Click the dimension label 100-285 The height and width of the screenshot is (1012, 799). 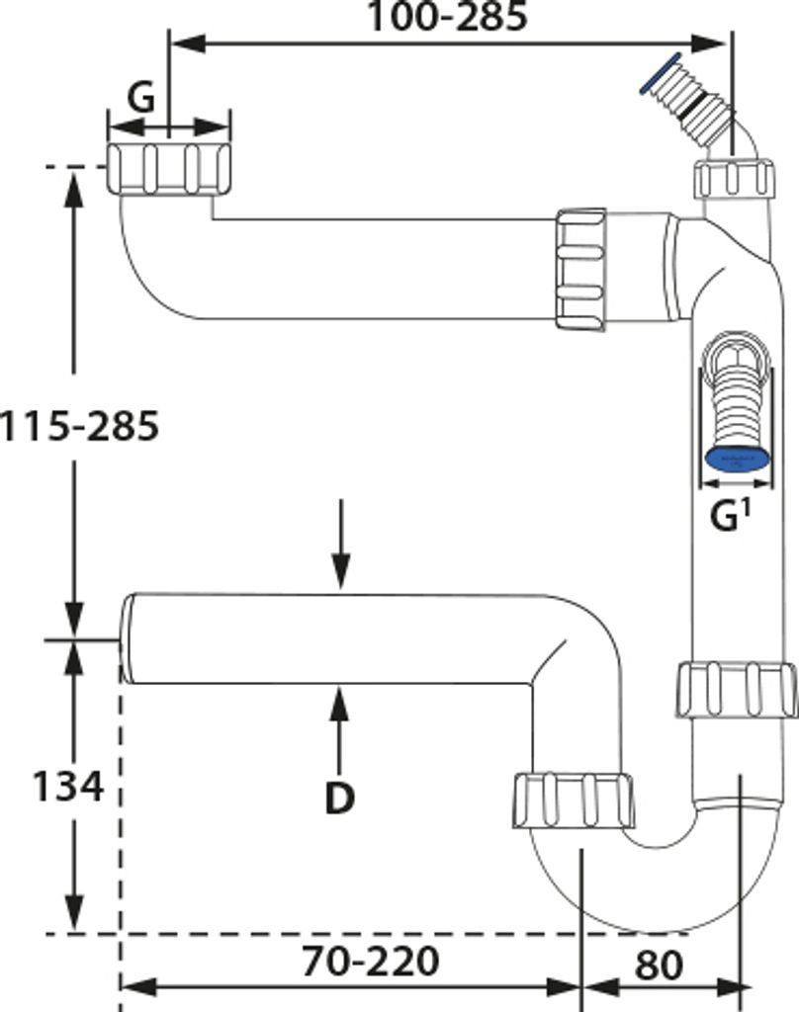pyautogui.click(x=447, y=17)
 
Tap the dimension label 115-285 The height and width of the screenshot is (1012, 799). pyautogui.click(x=79, y=426)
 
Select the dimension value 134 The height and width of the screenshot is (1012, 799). pyautogui.click(x=68, y=786)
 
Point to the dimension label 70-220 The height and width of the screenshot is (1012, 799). pyautogui.click(x=370, y=961)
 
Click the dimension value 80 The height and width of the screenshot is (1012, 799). pyautogui.click(x=659, y=966)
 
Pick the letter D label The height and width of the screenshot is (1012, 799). pyautogui.click(x=340, y=798)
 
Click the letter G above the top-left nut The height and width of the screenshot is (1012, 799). pyautogui.click(x=140, y=98)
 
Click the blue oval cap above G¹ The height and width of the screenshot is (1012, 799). pyautogui.click(x=737, y=460)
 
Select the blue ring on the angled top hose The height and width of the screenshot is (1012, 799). pyautogui.click(x=661, y=73)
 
